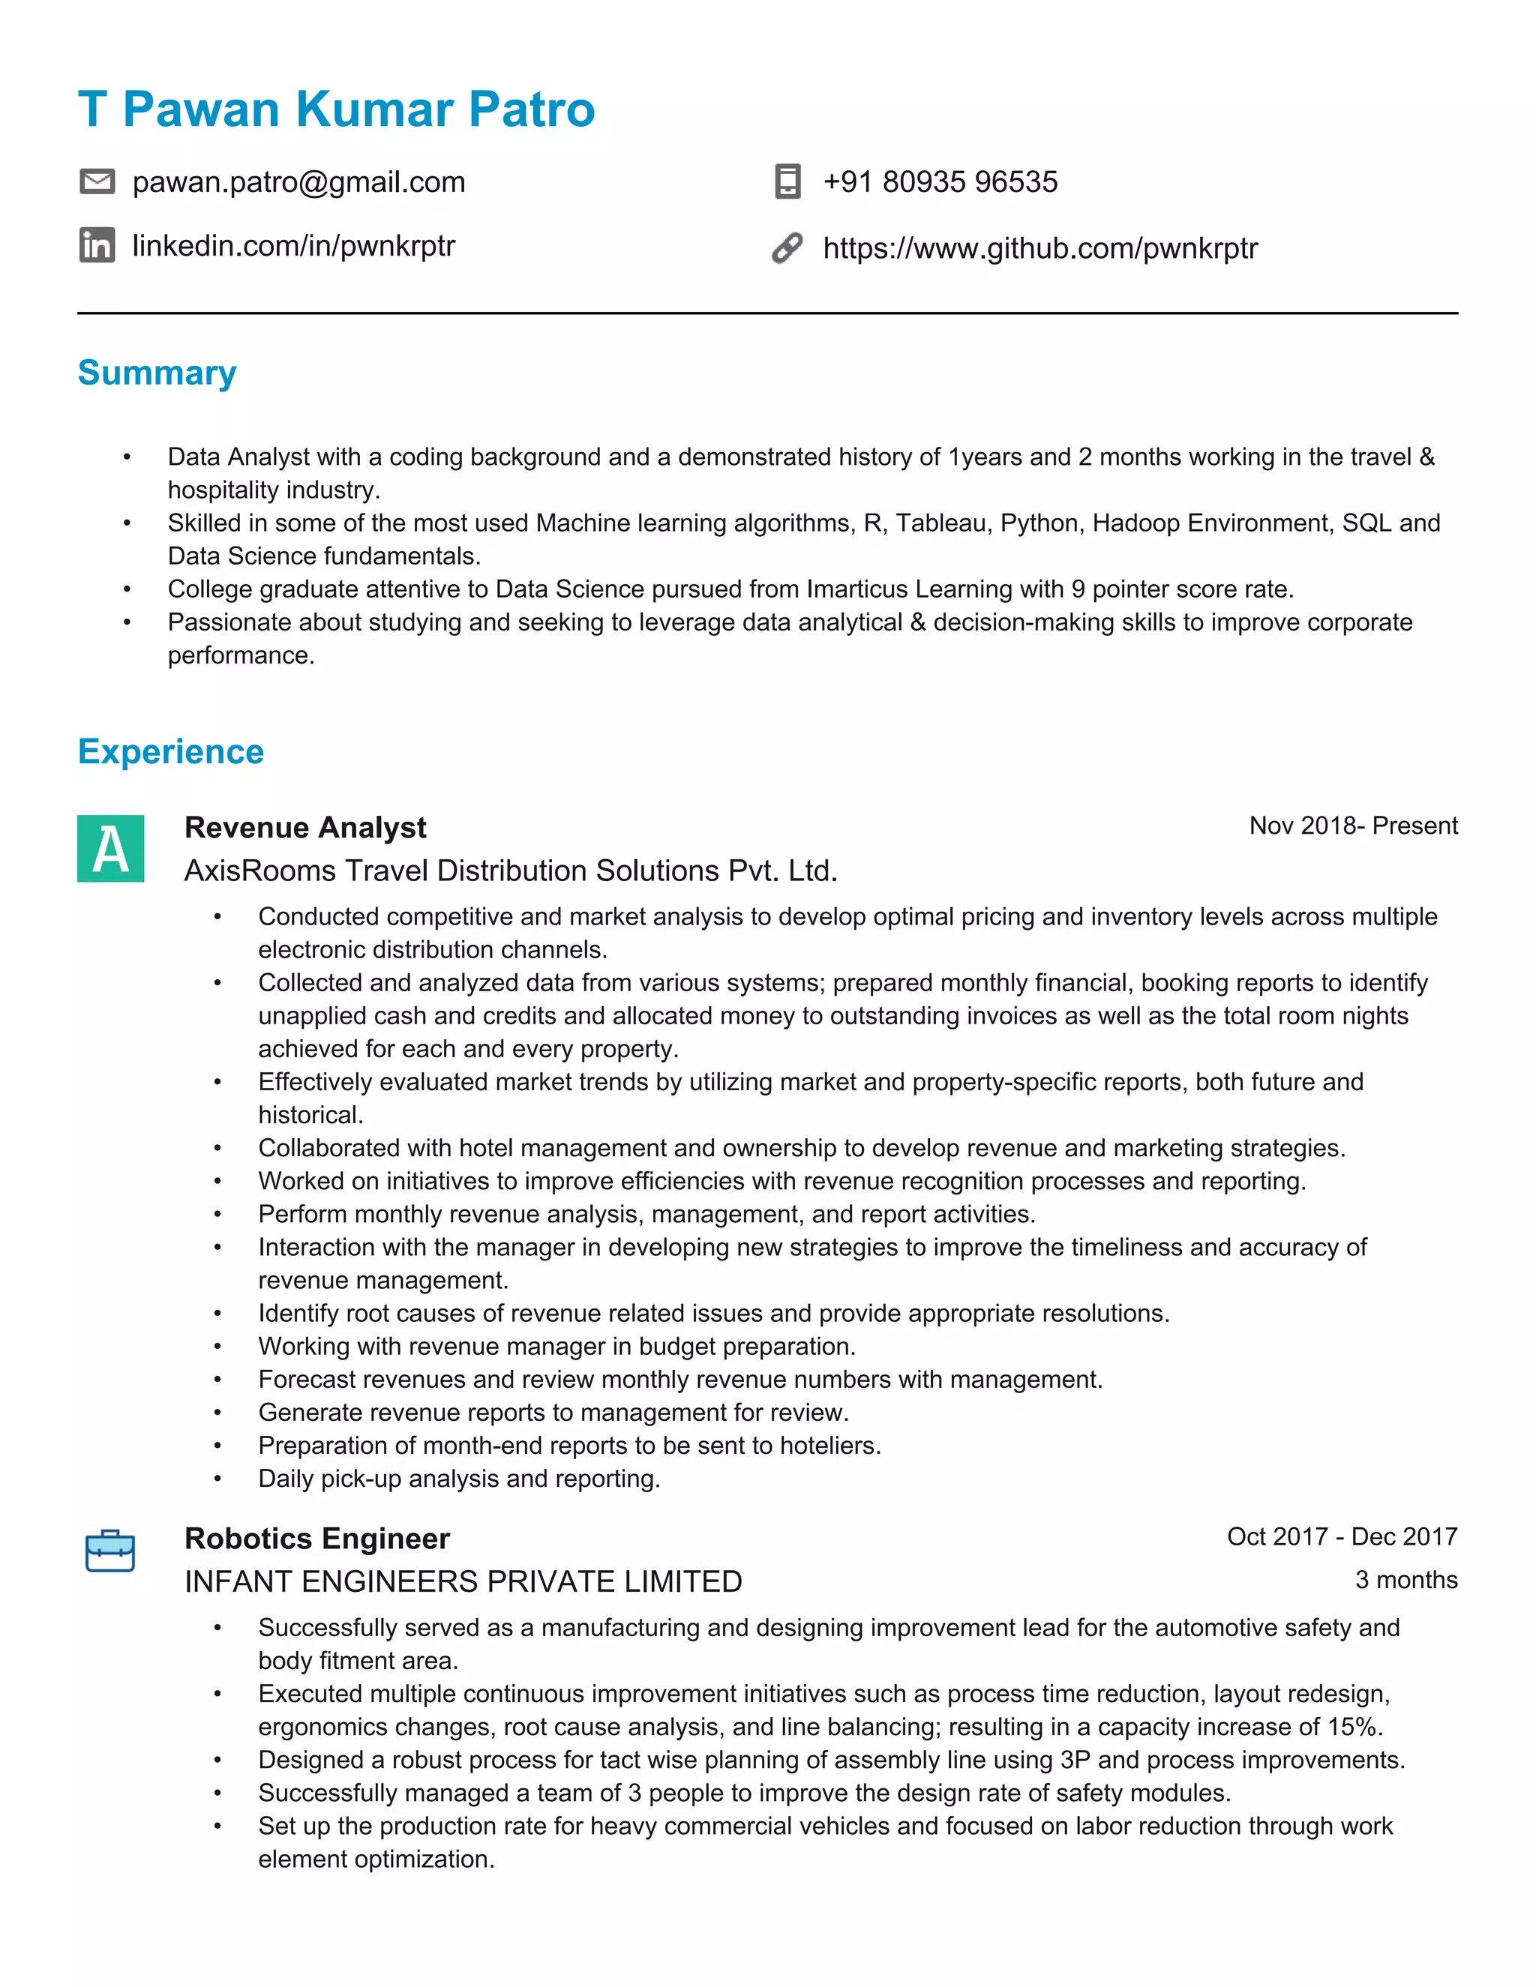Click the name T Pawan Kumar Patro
[x=336, y=109]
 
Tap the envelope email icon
[x=97, y=182]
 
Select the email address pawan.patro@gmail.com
[x=298, y=182]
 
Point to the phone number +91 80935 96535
[x=940, y=182]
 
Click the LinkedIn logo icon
[x=97, y=246]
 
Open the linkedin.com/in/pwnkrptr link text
[x=293, y=246]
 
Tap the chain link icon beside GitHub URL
[x=787, y=247]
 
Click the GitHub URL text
[x=1039, y=247]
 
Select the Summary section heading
[x=157, y=373]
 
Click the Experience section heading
[x=170, y=752]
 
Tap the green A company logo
[x=110, y=848]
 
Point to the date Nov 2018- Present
[x=1352, y=826]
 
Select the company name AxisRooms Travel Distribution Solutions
[x=509, y=871]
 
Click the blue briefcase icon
[x=110, y=1551]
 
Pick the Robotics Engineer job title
[x=316, y=1539]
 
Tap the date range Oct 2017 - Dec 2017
[x=1341, y=1536]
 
